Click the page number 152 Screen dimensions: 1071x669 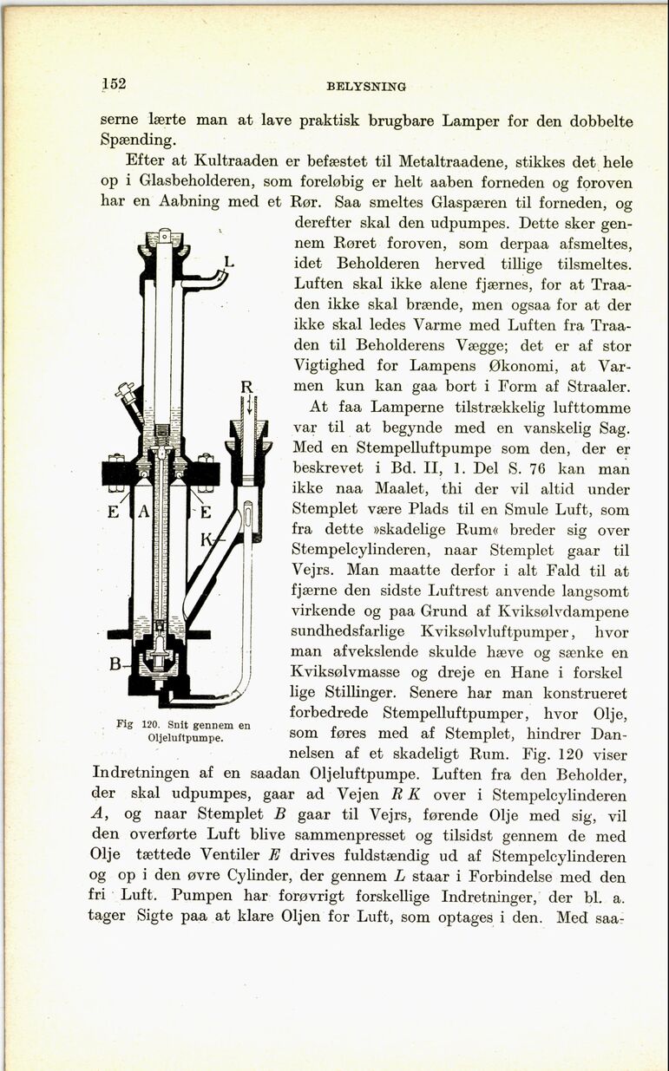[114, 83]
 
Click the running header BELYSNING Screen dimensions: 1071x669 [366, 86]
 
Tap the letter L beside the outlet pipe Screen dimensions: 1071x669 [228, 260]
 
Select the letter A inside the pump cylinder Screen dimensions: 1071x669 [144, 513]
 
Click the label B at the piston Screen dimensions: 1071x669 [114, 665]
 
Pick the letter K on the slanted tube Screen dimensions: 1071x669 [207, 540]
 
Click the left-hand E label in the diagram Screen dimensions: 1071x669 [112, 512]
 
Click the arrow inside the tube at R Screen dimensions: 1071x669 [249, 407]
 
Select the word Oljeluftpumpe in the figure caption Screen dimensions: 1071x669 [185, 738]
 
